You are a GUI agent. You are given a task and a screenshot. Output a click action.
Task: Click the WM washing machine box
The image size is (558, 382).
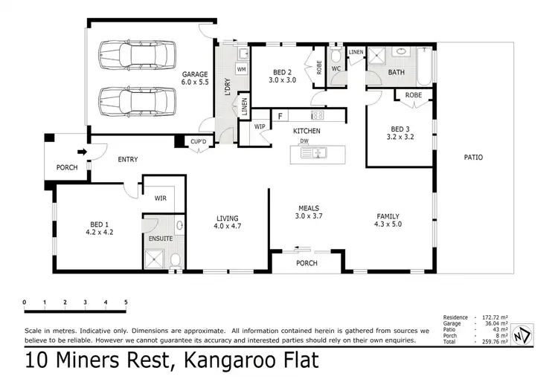[x=241, y=69]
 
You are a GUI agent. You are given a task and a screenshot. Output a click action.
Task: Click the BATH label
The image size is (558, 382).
[x=396, y=72]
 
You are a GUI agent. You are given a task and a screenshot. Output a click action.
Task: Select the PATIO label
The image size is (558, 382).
[x=473, y=157]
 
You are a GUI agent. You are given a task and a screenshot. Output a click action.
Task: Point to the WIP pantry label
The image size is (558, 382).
[x=260, y=127]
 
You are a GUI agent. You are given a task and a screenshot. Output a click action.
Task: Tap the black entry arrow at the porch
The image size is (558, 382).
[x=83, y=152]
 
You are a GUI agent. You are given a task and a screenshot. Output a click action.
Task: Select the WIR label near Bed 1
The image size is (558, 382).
[x=160, y=198]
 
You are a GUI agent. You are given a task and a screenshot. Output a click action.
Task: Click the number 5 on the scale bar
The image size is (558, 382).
[x=126, y=302]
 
